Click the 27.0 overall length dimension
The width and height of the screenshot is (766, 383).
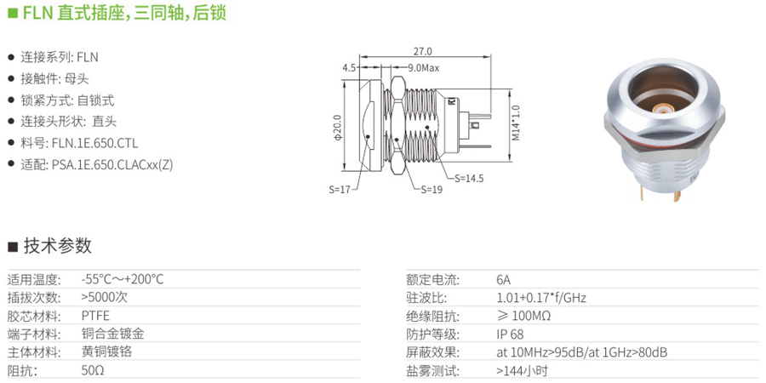pyautogui.click(x=423, y=51)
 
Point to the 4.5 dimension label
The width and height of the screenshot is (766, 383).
pyautogui.click(x=349, y=68)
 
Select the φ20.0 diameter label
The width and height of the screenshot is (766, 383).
pyautogui.click(x=336, y=127)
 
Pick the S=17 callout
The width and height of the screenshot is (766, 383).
pyautogui.click(x=340, y=190)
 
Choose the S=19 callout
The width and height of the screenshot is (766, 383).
pyautogui.click(x=432, y=190)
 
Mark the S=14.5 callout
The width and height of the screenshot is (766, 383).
pyautogui.click(x=469, y=179)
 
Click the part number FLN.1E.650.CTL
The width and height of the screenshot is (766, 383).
pyautogui.click(x=93, y=144)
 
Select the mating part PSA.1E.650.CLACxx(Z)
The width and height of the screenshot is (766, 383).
pyautogui.click(x=112, y=165)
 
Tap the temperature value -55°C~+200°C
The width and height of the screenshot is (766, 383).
pyautogui.click(x=123, y=280)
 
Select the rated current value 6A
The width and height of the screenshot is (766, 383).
pyautogui.click(x=504, y=280)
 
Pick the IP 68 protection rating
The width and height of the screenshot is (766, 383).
pyautogui.click(x=510, y=334)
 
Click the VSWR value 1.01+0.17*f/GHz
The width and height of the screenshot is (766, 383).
pyautogui.click(x=541, y=298)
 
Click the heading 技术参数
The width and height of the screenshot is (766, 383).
pyautogui.click(x=58, y=245)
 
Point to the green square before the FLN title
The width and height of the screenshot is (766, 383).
pyautogui.click(x=14, y=13)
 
